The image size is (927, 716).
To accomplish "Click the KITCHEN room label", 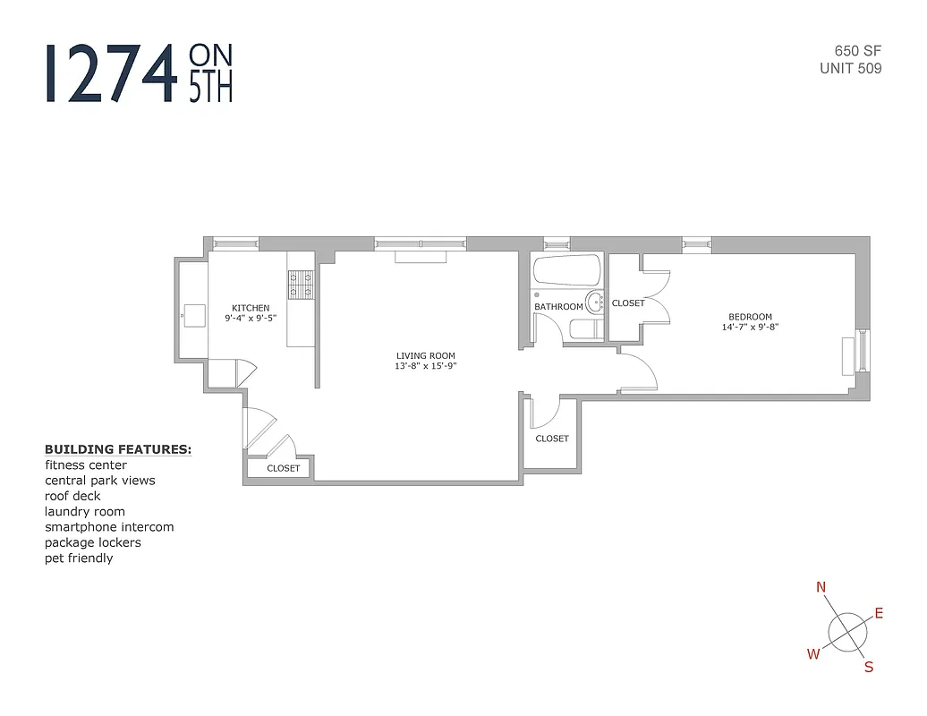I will [x=250, y=308].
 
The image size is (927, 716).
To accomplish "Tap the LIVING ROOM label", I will [x=426, y=355].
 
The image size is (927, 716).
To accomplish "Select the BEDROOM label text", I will [x=750, y=316].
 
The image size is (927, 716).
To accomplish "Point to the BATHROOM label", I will [x=558, y=307].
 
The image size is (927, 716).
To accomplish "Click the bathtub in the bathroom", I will [x=566, y=270].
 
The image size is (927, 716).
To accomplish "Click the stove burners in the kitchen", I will [x=300, y=285].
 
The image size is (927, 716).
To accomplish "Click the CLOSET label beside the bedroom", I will [x=628, y=303].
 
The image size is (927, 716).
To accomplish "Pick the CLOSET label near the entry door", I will [x=284, y=468].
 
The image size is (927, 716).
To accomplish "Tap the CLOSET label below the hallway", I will [x=552, y=439].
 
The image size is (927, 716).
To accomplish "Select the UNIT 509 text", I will [x=850, y=68].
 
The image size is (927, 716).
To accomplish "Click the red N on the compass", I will [x=821, y=587].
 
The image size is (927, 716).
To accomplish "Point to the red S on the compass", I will [x=868, y=667].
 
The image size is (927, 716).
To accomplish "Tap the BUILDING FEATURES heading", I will [x=118, y=449].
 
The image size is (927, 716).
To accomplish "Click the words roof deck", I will [x=72, y=496].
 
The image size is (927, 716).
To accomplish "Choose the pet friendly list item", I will [x=79, y=558].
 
